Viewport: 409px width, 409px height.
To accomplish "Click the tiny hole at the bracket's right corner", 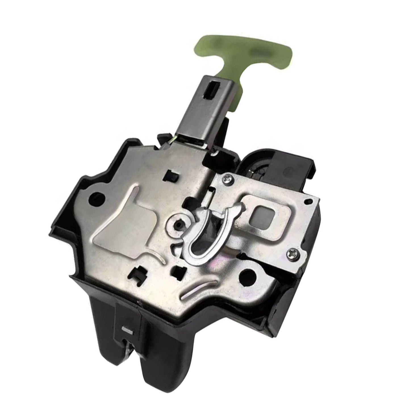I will coord(306,201).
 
